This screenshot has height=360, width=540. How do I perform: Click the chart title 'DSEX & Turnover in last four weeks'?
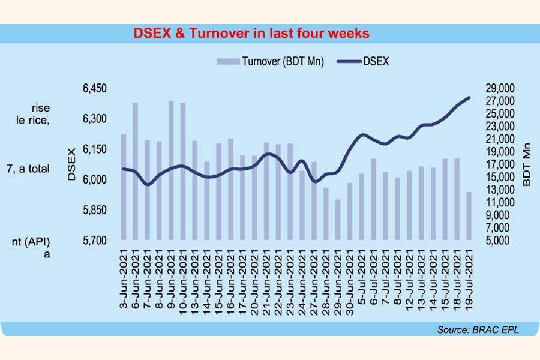(x=251, y=34)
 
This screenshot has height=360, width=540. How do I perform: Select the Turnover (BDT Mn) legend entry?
(x=270, y=62)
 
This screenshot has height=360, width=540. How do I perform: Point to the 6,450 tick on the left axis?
(x=94, y=89)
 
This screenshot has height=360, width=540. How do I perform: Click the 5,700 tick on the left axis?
(x=94, y=241)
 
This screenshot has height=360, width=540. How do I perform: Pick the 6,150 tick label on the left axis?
(x=94, y=149)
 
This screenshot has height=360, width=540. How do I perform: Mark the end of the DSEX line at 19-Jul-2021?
(x=469, y=97)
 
